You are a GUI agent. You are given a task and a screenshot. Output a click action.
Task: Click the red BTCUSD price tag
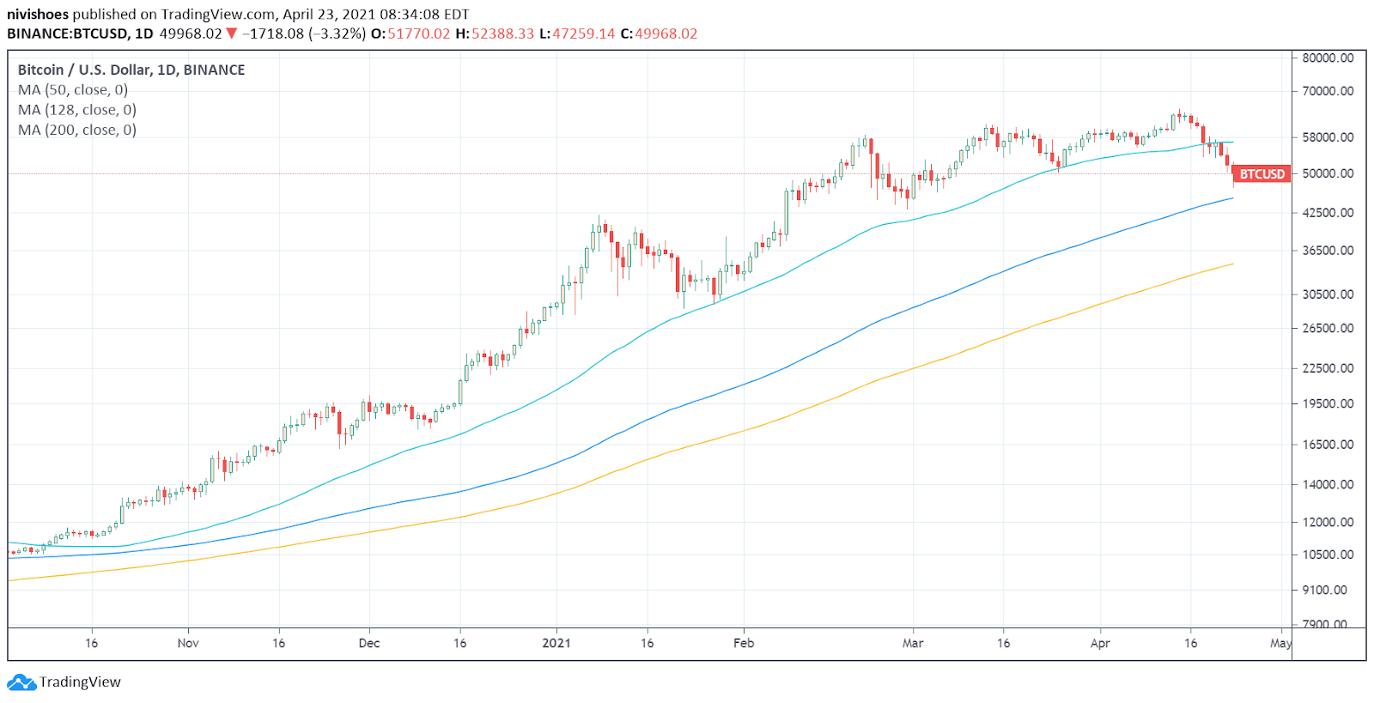pyautogui.click(x=1262, y=174)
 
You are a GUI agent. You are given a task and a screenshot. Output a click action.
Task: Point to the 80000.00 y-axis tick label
pyautogui.click(x=1328, y=58)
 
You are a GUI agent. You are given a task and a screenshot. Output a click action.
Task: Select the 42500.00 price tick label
pyautogui.click(x=1328, y=213)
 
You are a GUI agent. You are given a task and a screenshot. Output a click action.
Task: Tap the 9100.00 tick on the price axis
pyautogui.click(x=1328, y=591)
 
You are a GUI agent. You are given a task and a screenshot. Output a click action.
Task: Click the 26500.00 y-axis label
pyautogui.click(x=1328, y=329)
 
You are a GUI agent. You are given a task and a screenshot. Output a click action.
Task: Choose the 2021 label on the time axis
pyautogui.click(x=556, y=643)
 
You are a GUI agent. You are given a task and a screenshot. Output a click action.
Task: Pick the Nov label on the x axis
pyautogui.click(x=188, y=643)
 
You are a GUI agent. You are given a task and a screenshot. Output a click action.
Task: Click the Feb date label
pyautogui.click(x=744, y=643)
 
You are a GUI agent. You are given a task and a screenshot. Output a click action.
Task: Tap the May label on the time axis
pyautogui.click(x=1280, y=643)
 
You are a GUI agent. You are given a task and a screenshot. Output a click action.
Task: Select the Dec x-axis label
pyautogui.click(x=369, y=643)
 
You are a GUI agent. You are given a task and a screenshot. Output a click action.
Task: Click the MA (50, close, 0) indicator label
pyautogui.click(x=73, y=90)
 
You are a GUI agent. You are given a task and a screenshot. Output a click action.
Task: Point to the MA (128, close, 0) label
pyautogui.click(x=77, y=110)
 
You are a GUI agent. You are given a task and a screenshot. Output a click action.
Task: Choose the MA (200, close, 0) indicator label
pyautogui.click(x=77, y=130)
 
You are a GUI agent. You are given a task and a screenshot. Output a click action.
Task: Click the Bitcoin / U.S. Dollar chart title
pyautogui.click(x=131, y=70)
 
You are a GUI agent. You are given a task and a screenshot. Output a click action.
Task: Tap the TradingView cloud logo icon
pyautogui.click(x=21, y=682)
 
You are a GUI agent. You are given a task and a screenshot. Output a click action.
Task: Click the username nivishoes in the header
pyautogui.click(x=38, y=15)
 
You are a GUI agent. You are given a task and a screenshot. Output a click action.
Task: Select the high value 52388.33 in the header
pyautogui.click(x=502, y=34)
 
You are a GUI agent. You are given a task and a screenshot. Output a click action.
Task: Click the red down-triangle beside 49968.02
pyautogui.click(x=231, y=33)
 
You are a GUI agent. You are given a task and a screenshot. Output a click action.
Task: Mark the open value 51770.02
pyautogui.click(x=418, y=34)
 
